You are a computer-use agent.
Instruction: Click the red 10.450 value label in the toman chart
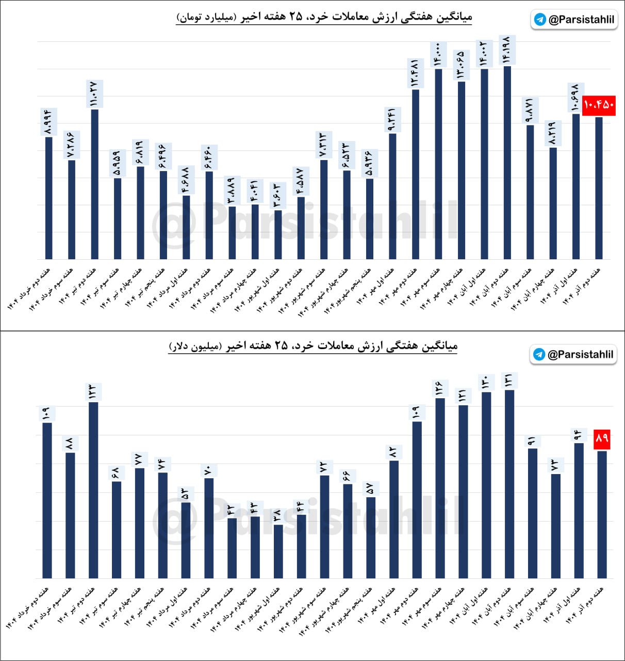[599, 105]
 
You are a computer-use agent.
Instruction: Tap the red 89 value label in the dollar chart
[602, 439]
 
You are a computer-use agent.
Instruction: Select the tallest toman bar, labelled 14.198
[507, 163]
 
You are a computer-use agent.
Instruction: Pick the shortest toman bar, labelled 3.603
[278, 234]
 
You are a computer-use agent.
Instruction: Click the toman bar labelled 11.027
[94, 184]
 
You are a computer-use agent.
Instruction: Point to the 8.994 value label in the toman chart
[48, 122]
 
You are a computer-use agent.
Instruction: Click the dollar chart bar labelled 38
[278, 552]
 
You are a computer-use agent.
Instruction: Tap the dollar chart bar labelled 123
[93, 490]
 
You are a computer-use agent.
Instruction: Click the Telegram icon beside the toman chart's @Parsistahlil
[540, 20]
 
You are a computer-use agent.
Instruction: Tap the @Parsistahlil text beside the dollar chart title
[580, 355]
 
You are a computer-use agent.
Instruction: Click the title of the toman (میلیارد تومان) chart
[324, 17]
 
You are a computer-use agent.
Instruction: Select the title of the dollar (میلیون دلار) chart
[313, 346]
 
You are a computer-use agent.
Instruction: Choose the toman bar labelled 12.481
[416, 174]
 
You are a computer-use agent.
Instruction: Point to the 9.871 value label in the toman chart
[530, 110]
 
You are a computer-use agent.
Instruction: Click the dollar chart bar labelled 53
[186, 540]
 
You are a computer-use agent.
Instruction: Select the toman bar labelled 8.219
[553, 203]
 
